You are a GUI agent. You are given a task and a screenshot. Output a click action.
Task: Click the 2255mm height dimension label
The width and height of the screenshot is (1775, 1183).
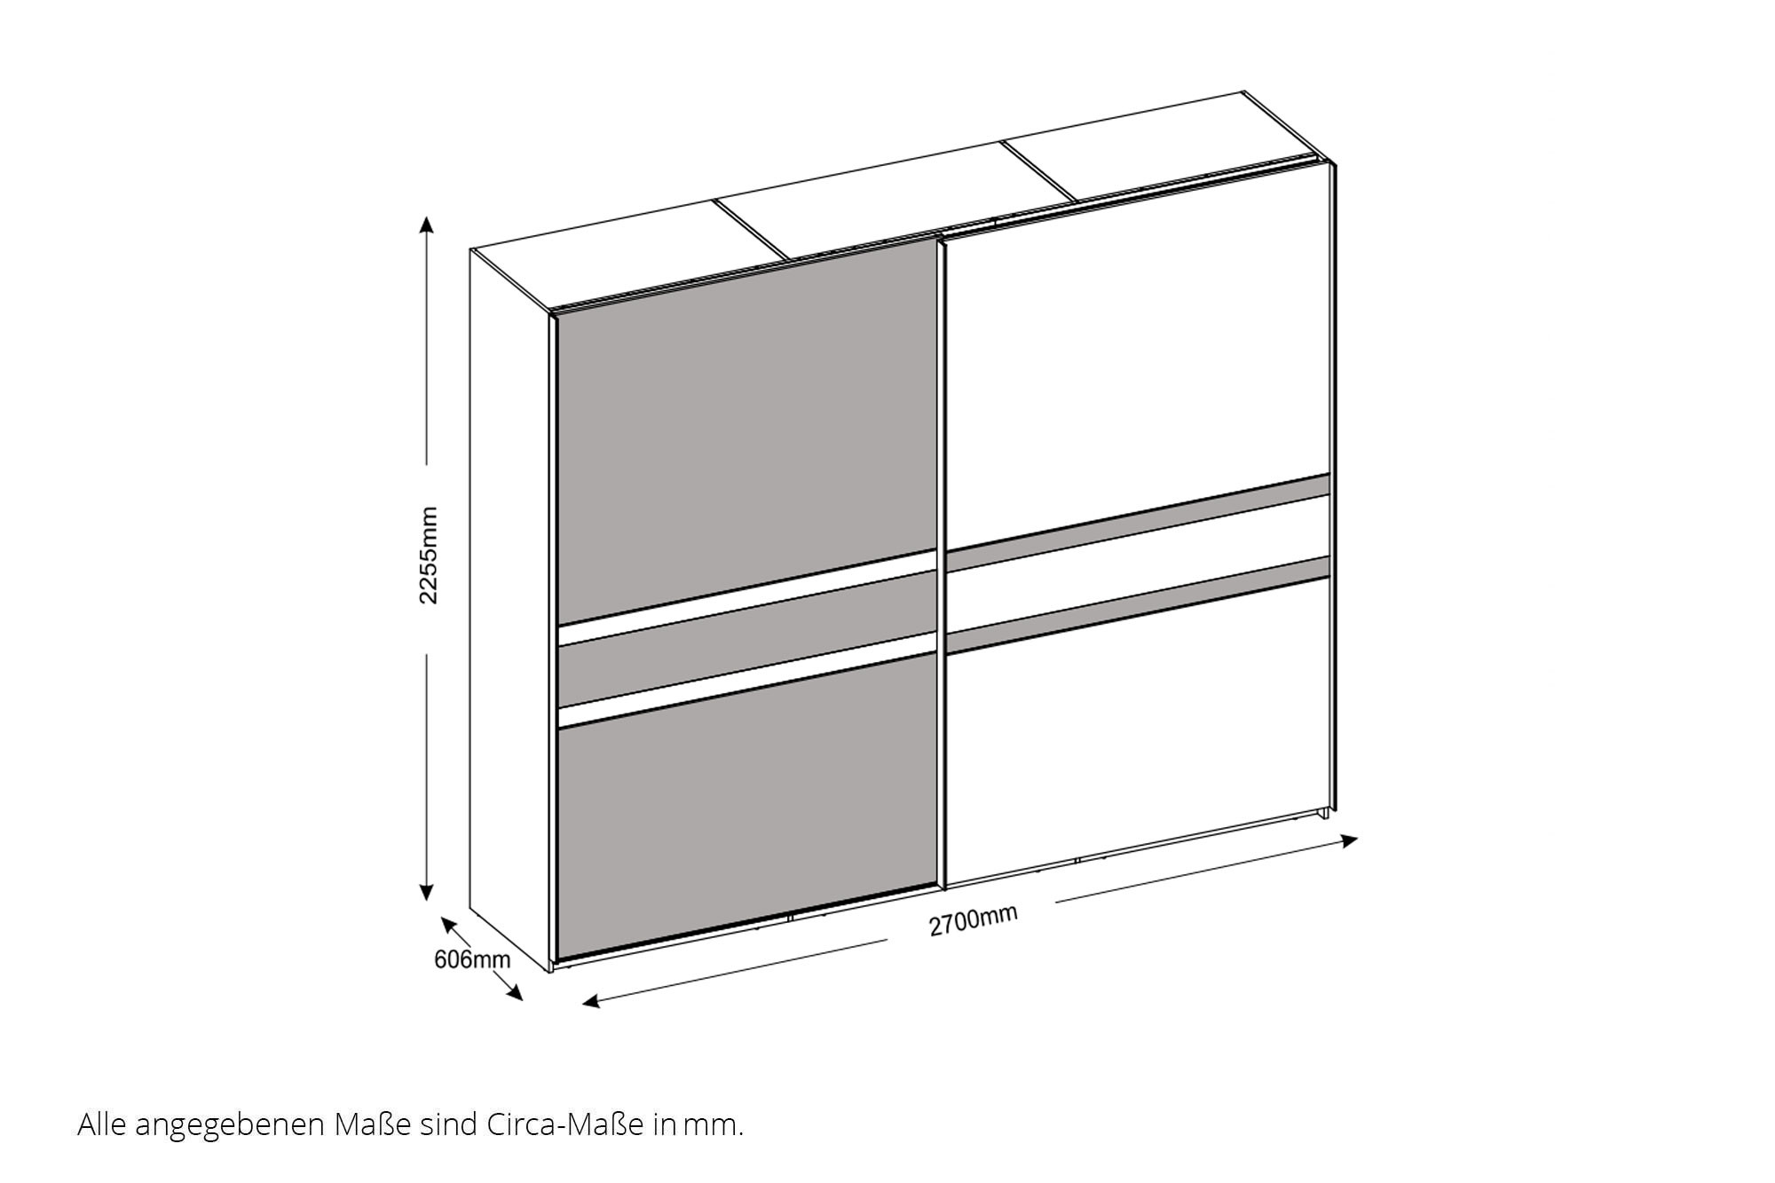429,556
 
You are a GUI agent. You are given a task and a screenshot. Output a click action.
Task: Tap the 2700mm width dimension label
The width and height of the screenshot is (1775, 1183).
973,920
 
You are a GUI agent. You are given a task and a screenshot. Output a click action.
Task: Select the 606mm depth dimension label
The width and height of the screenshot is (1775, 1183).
472,959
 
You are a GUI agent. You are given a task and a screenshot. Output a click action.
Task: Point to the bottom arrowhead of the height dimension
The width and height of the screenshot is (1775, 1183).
427,891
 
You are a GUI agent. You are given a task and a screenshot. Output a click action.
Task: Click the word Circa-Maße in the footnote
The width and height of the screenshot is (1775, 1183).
564,1125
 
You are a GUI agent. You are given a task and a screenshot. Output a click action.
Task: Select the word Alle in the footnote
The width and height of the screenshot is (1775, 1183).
99,1125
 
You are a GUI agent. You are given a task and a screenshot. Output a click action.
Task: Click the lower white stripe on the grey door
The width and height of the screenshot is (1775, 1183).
747,680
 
